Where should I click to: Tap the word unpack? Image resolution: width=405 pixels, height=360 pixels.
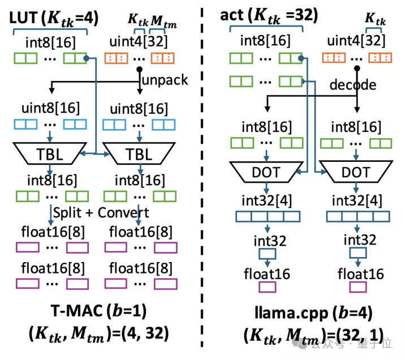[165, 79]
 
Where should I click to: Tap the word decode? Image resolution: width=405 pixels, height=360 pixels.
[354, 85]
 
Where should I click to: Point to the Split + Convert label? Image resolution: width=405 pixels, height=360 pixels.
[101, 212]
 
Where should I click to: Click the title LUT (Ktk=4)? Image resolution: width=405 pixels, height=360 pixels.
[54, 19]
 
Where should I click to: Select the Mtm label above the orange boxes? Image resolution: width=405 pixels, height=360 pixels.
[164, 21]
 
